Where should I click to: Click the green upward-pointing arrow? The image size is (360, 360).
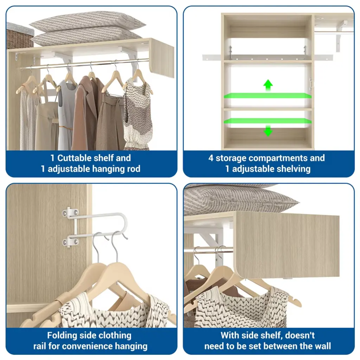click(x=268, y=85)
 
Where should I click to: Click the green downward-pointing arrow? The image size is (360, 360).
click(x=268, y=131)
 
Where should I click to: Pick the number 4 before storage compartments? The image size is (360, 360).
click(x=211, y=158)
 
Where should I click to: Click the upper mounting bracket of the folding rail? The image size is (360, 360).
click(x=70, y=213)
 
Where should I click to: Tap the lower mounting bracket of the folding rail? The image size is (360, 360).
click(x=70, y=242)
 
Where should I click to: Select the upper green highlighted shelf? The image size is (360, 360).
click(x=268, y=96)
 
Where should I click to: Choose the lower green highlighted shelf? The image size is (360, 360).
click(x=268, y=121)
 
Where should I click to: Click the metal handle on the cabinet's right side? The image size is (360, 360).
click(x=311, y=84)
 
